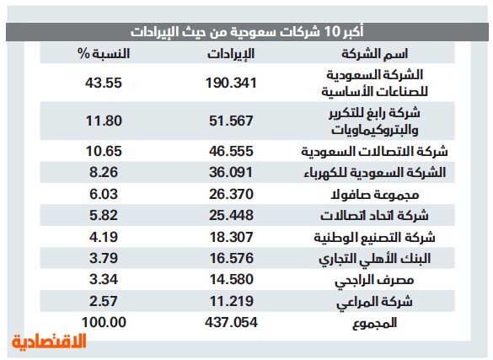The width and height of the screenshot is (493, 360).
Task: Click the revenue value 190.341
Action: click(231, 83)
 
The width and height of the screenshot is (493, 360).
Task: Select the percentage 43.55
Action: click(104, 83)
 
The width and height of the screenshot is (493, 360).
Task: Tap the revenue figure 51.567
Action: click(231, 121)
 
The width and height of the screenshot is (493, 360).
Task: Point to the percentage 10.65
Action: click(104, 151)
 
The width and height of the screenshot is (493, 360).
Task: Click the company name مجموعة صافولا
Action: click(374, 195)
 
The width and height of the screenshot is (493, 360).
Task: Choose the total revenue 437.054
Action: click(231, 322)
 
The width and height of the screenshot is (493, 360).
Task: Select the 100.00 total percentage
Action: click(104, 322)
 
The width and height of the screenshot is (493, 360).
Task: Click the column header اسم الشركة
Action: click(374, 54)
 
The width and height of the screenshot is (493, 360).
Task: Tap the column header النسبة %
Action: click(104, 54)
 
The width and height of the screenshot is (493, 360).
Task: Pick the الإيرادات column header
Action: click(231, 54)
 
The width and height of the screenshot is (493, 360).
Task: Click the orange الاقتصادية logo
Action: click(49, 341)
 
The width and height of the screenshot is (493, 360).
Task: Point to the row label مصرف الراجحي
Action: click(374, 280)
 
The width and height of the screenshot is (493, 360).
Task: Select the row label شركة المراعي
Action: click(374, 302)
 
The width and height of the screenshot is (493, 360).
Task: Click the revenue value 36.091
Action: click(231, 172)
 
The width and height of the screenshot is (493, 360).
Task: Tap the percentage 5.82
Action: click(104, 215)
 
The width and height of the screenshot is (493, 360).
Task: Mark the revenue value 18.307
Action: click(232, 237)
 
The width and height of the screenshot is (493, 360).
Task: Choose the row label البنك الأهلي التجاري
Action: click(374, 259)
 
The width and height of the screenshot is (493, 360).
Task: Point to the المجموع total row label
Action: click(374, 323)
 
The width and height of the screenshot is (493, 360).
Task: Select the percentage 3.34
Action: click(104, 279)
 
